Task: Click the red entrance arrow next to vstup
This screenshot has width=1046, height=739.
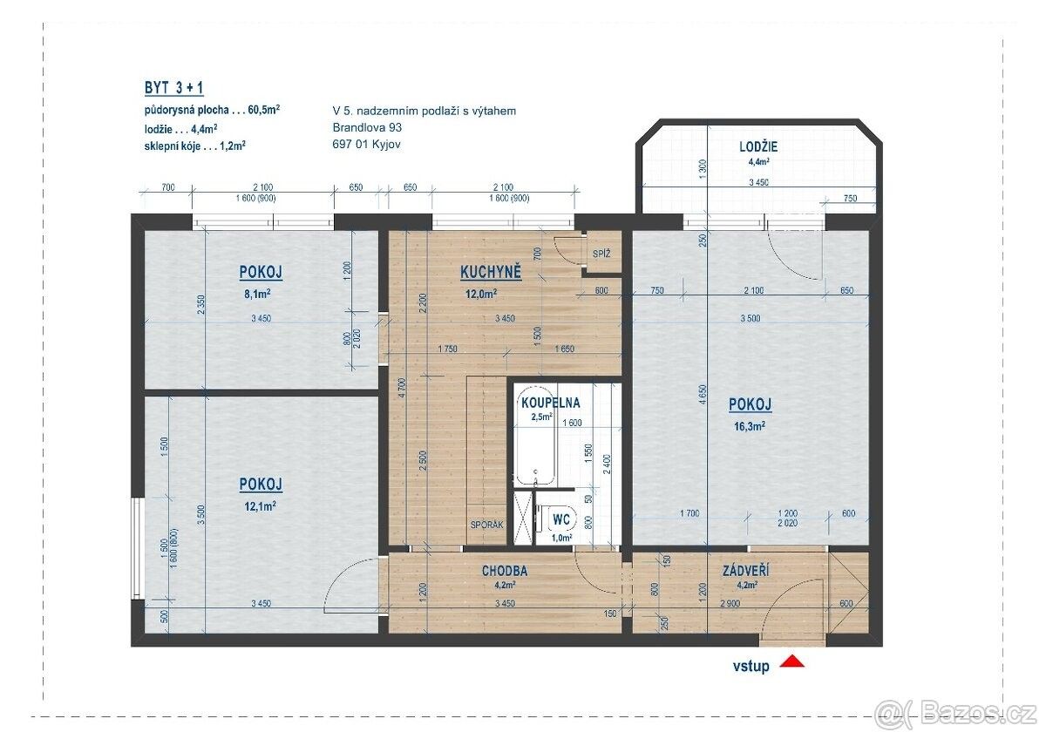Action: click(791, 661)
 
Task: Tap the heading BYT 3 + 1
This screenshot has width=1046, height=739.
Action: click(173, 88)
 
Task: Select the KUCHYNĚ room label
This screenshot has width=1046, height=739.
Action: click(491, 272)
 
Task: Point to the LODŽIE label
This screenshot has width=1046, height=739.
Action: click(758, 147)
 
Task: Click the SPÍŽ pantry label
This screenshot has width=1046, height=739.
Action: click(601, 254)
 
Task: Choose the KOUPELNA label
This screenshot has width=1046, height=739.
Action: click(551, 403)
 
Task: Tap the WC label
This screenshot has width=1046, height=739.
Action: click(561, 519)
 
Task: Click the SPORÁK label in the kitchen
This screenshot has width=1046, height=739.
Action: click(486, 525)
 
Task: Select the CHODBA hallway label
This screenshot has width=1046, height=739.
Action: click(505, 571)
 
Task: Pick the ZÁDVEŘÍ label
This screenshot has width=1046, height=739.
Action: click(746, 571)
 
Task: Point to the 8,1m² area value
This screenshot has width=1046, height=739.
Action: click(257, 294)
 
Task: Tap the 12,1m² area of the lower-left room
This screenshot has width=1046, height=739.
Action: click(260, 505)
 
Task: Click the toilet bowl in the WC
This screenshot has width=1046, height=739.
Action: click(557, 519)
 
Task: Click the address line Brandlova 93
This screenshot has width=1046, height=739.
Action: click(367, 127)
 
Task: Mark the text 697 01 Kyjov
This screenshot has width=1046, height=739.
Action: click(367, 145)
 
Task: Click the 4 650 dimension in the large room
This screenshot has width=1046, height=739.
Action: click(703, 397)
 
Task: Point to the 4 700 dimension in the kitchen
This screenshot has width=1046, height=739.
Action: click(403, 388)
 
